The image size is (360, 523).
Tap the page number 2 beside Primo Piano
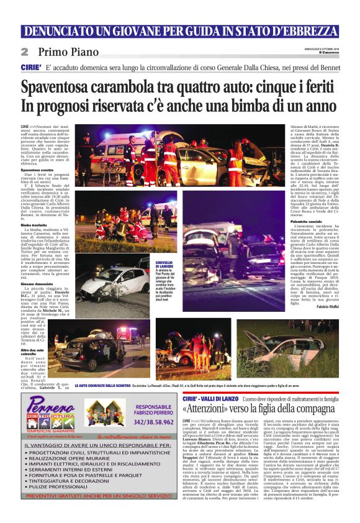(x=24, y=52)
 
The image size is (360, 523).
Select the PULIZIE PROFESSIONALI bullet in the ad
(x=60, y=504)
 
